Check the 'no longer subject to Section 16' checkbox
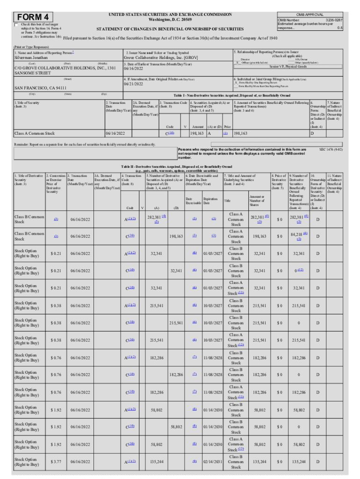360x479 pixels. [17, 24]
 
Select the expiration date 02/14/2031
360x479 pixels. [212, 462]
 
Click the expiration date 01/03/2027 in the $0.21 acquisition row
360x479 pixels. [212, 253]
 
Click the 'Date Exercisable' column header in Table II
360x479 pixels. [194, 200]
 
